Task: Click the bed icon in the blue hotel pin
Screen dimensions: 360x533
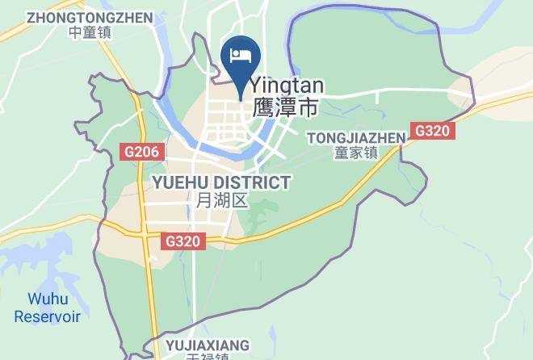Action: click(x=241, y=55)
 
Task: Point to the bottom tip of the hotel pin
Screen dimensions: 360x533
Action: click(x=241, y=99)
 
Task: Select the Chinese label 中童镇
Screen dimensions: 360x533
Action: click(x=90, y=32)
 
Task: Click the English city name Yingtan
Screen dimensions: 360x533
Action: click(x=287, y=86)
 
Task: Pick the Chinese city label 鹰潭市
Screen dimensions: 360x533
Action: click(x=285, y=107)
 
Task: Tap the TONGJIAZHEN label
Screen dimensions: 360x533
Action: click(x=356, y=138)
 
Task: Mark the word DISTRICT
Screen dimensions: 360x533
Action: click(x=250, y=183)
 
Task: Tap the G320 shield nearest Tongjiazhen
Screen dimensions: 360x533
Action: click(x=434, y=131)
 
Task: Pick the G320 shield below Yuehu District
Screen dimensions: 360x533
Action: click(x=184, y=241)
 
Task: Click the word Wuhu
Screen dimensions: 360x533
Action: click(x=48, y=299)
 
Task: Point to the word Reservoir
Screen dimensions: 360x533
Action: click(x=47, y=316)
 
